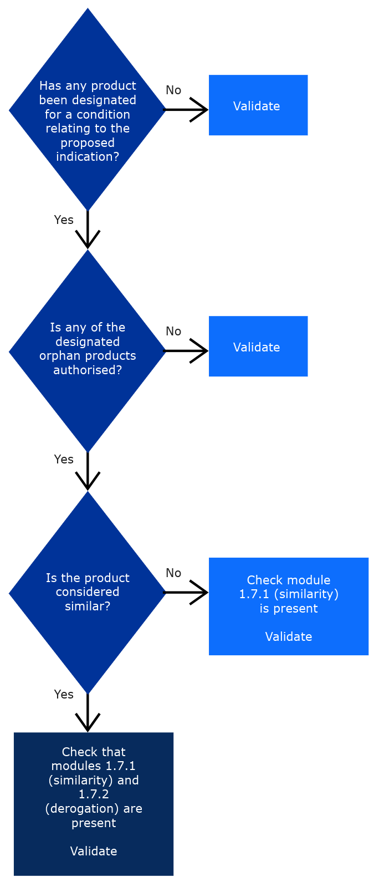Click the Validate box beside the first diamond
(x=258, y=105)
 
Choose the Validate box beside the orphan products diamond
(x=258, y=346)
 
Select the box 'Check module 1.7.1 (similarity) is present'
(x=288, y=606)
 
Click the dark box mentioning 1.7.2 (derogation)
(x=93, y=804)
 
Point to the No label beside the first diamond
(x=173, y=90)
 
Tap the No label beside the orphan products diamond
(x=173, y=332)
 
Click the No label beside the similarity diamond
(x=173, y=573)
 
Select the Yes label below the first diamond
(x=64, y=220)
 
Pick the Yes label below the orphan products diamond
(x=64, y=460)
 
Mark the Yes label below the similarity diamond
(x=64, y=695)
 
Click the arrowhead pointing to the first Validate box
(x=201, y=110)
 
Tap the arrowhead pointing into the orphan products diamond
(x=88, y=241)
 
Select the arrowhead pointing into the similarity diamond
(x=88, y=483)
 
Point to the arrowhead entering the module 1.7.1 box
(x=201, y=593)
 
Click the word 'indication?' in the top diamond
(x=88, y=157)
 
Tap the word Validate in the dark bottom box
(x=93, y=852)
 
